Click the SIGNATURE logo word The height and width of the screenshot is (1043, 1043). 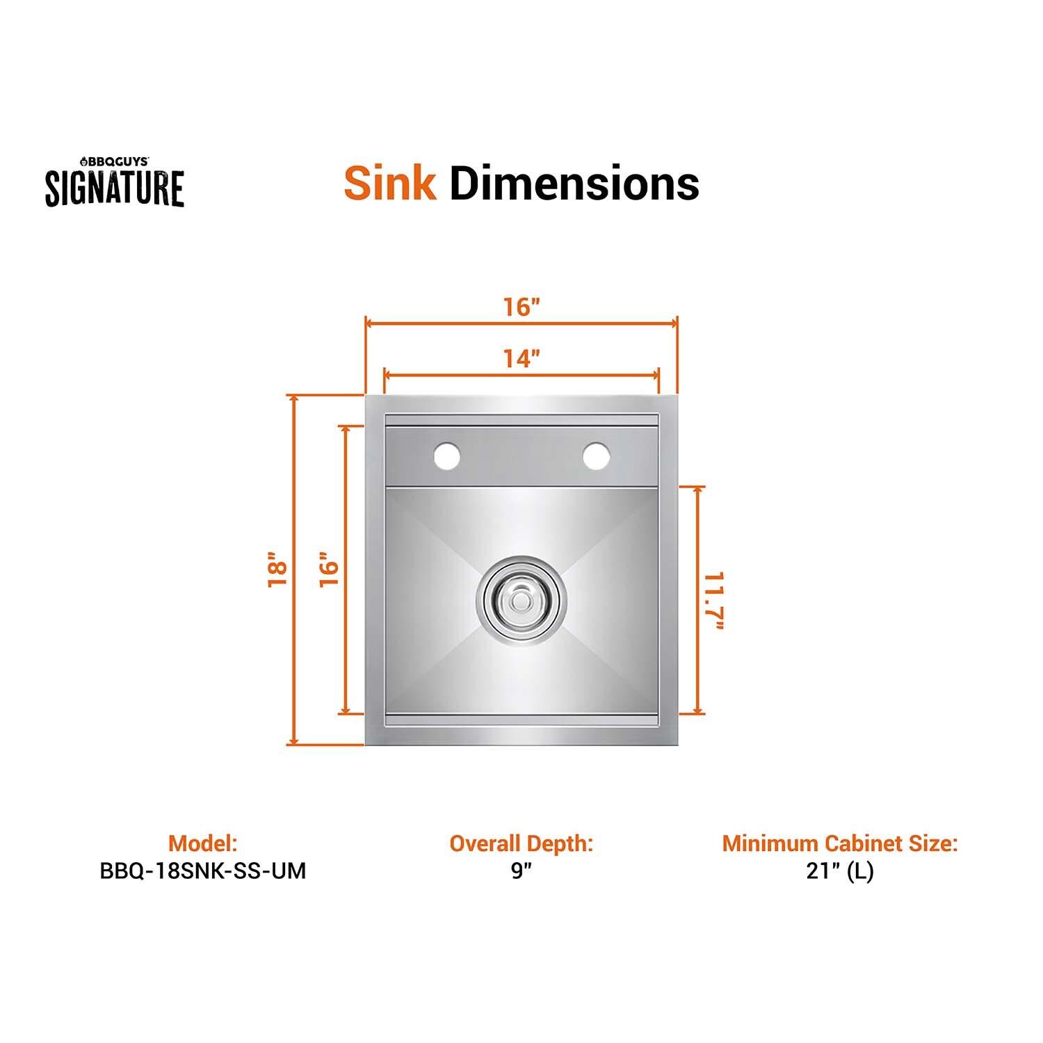(115, 188)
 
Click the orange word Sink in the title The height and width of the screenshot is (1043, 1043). (390, 184)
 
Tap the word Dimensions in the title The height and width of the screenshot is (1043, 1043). (574, 184)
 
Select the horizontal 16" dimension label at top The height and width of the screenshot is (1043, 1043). (521, 307)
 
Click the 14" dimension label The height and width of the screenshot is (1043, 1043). (521, 359)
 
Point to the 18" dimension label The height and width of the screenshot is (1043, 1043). (277, 570)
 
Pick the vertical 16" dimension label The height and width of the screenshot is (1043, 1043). (328, 570)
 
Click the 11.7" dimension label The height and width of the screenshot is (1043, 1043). (714, 601)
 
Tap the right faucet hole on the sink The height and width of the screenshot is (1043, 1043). (597, 456)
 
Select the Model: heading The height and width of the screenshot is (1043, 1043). (202, 843)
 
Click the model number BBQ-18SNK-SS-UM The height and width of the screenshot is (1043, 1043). (202, 871)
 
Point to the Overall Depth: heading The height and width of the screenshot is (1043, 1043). (521, 843)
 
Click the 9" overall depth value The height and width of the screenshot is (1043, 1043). (521, 871)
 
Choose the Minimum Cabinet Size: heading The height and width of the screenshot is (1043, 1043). (839, 843)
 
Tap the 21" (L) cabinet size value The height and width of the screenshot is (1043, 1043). (839, 871)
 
